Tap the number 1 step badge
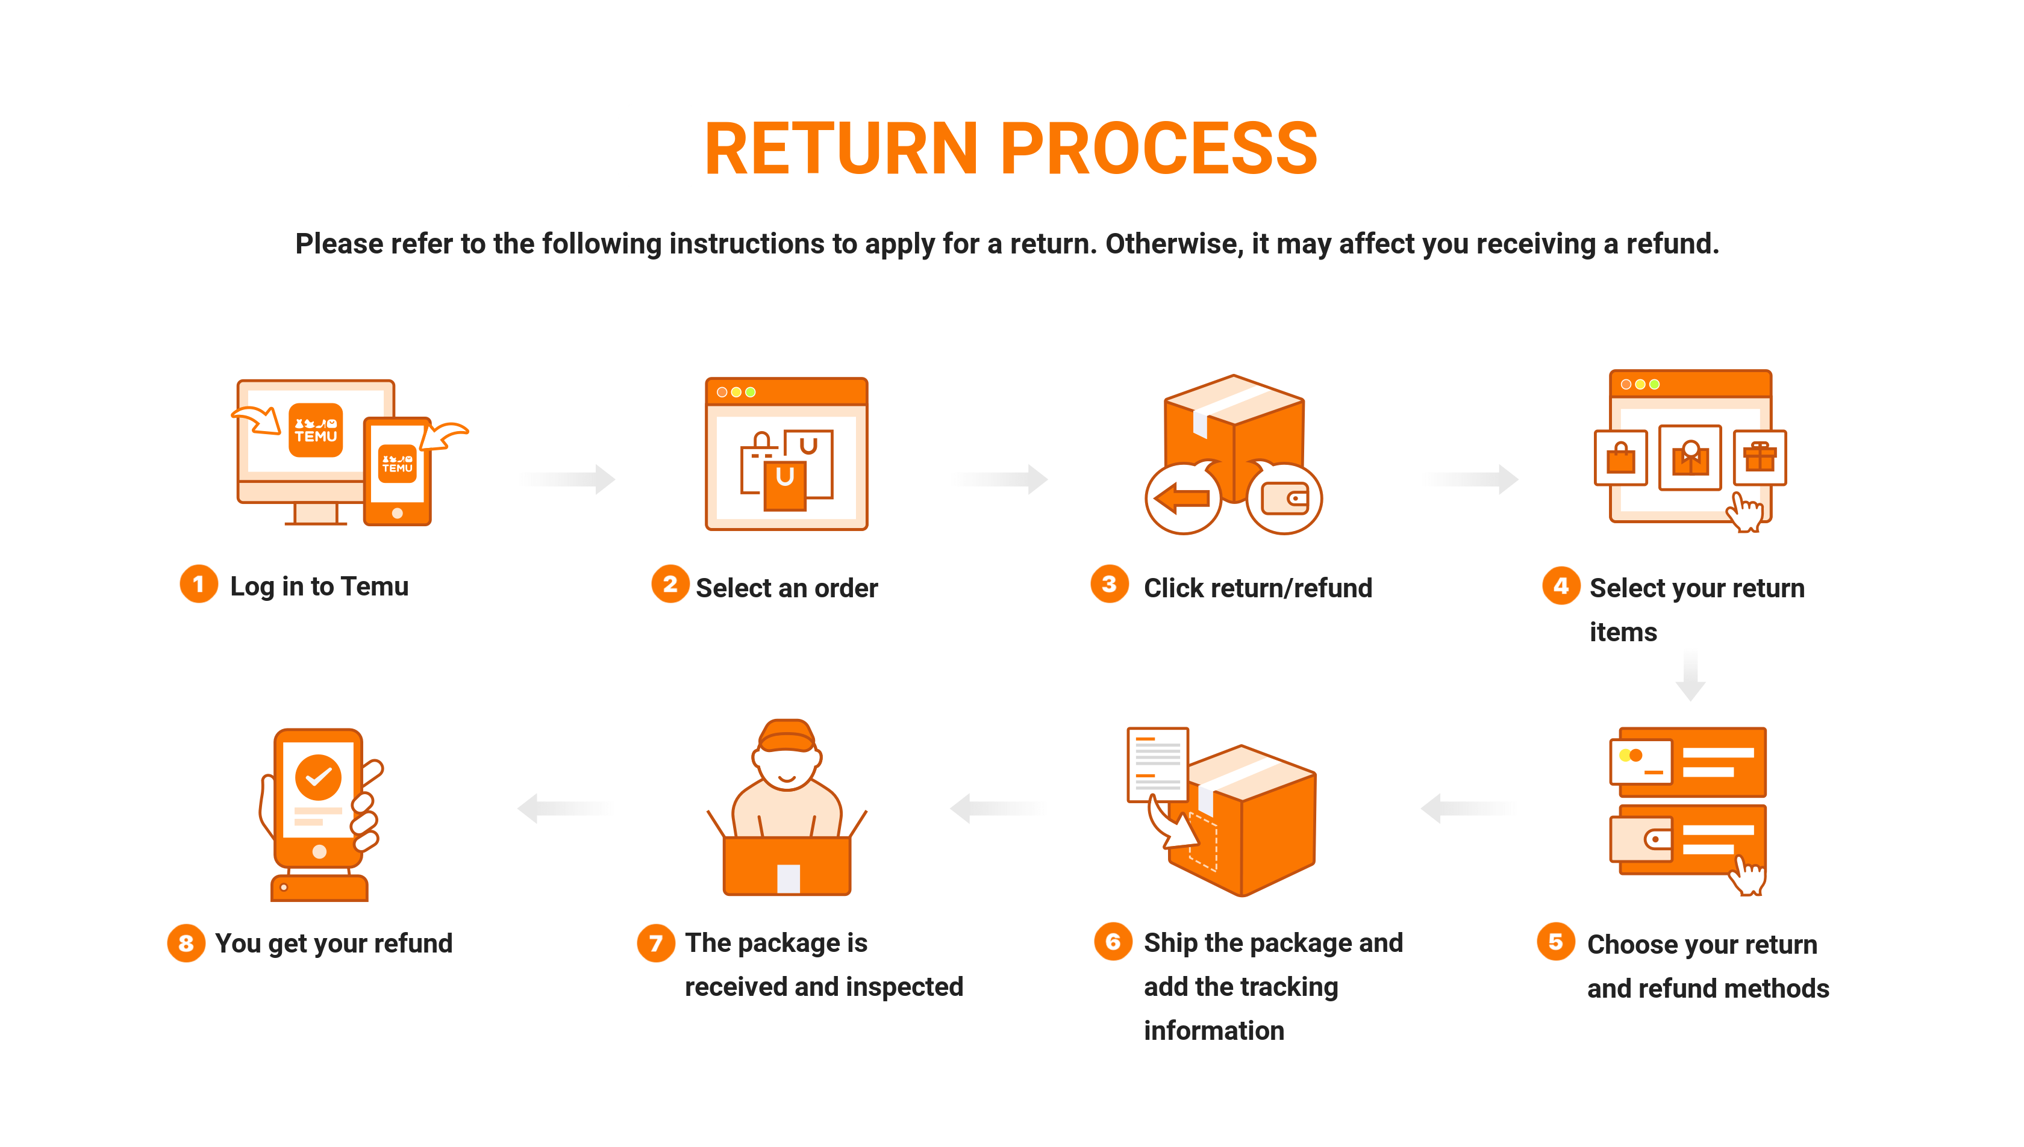coord(199,584)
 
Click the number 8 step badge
coord(186,943)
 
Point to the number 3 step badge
coord(1109,584)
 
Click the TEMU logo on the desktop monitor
coord(315,430)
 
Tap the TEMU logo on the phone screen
coord(397,463)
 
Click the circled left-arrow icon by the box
coord(1182,498)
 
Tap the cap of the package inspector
coord(787,736)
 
